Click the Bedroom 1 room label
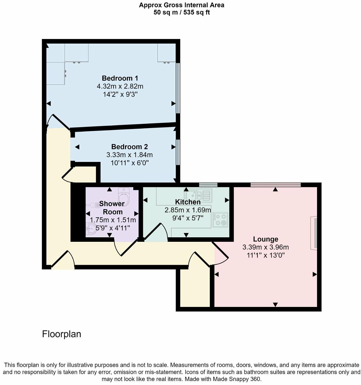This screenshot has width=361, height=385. tap(120, 78)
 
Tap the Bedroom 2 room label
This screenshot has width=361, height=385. tap(129, 147)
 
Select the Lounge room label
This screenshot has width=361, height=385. tap(266, 239)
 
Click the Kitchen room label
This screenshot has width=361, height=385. tap(188, 202)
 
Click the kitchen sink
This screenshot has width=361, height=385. tap(202, 195)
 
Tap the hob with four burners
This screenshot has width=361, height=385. tap(220, 220)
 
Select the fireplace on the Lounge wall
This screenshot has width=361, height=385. tap(314, 233)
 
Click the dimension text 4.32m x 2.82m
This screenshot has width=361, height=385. tap(120, 86)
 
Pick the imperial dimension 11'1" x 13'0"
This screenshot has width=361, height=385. tap(266, 255)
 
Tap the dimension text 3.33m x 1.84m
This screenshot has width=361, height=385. tap(129, 155)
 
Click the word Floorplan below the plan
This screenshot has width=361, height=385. tap(61, 334)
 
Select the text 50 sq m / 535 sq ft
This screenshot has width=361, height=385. tap(181, 12)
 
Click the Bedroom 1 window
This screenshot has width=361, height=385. tap(178, 88)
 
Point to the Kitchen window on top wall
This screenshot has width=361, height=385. tap(208, 185)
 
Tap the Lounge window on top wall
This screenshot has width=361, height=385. tap(275, 184)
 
